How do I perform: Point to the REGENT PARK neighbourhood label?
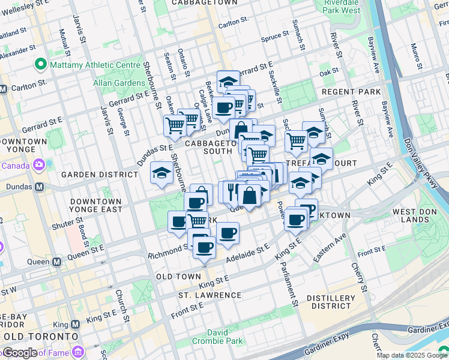(351, 92)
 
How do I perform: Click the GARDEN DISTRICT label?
(100, 174)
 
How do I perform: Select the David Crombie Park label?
(225, 337)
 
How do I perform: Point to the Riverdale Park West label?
(342, 7)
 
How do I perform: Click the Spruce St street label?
(275, 38)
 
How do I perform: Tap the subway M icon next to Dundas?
(39, 187)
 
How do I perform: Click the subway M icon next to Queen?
(57, 262)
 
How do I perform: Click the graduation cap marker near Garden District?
(161, 173)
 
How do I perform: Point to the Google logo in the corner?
(19, 352)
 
